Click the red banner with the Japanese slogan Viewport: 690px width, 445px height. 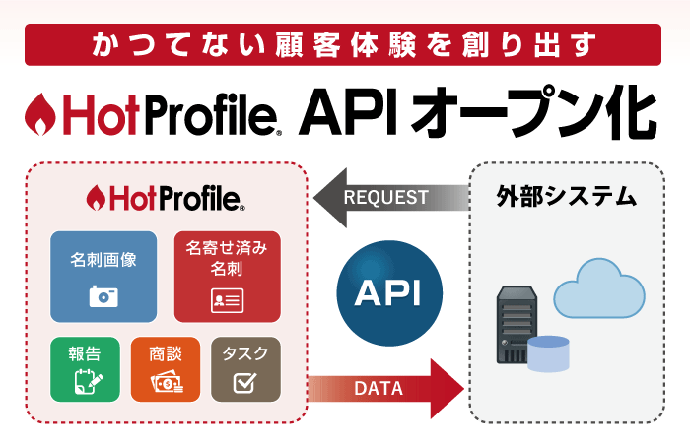point(343,45)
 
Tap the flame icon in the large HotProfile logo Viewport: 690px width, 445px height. point(40,114)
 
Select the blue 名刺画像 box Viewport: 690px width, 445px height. point(103,277)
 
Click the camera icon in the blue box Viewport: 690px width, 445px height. point(103,296)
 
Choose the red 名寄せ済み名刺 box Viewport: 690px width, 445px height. point(228,277)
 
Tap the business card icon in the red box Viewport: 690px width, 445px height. point(227,301)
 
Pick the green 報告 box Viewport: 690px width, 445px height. point(85,369)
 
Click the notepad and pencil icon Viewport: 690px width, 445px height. point(89,381)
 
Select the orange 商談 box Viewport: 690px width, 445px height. point(166,369)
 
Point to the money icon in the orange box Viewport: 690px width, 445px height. point(167,382)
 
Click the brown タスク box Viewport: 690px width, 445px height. point(246,369)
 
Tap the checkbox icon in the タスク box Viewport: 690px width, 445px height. point(244,382)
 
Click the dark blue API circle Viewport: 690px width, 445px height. point(389,292)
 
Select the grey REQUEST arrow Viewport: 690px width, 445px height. point(390,198)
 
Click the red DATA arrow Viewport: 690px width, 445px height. point(386,388)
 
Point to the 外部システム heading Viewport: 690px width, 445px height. point(567,196)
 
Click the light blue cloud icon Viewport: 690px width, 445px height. point(599,288)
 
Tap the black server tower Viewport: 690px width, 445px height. point(517,325)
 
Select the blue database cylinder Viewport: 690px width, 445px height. point(548,353)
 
